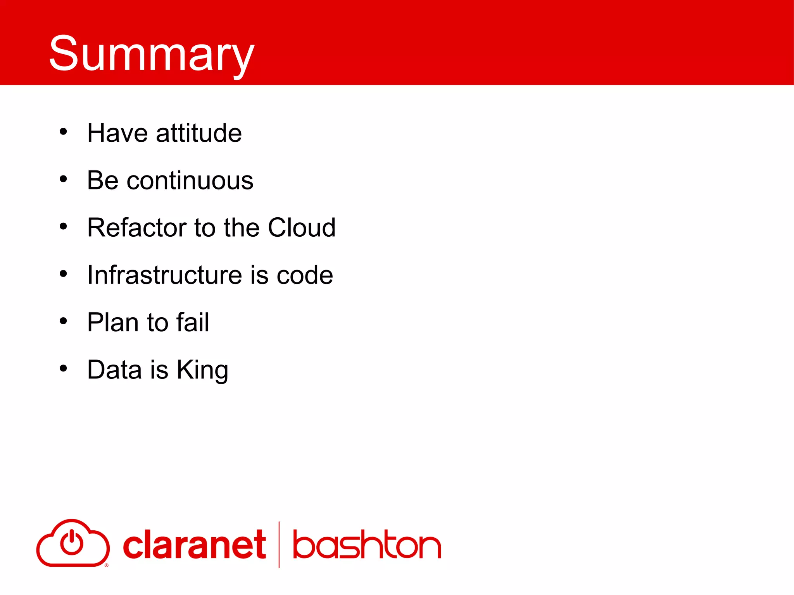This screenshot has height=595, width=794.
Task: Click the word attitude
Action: coord(199,133)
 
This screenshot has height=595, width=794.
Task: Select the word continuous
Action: coord(190,181)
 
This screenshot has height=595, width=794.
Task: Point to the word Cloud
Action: coord(302,228)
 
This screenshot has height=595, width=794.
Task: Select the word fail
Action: coord(193,322)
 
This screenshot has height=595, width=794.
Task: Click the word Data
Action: coord(114,370)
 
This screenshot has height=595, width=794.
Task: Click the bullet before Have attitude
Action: coord(63,132)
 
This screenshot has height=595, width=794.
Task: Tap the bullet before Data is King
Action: coord(63,368)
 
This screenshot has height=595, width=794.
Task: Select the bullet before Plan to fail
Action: coord(63,321)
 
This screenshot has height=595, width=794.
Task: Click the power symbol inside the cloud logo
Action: coord(72,542)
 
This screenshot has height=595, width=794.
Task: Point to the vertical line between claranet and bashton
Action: coord(279,545)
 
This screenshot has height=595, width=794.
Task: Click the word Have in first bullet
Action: coord(117,133)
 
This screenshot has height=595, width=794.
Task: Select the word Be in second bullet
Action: coord(103,181)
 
